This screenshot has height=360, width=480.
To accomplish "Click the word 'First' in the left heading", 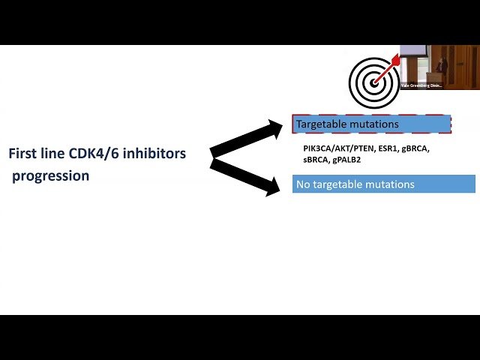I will point(22,154).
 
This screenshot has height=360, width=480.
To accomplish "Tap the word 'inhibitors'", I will point(154,154).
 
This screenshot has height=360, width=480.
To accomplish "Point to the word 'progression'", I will point(50,176).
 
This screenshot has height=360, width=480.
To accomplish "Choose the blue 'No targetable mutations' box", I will point(383,184).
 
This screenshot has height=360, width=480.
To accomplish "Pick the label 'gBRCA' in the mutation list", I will point(415,148).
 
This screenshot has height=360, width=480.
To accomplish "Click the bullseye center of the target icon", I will point(373,80).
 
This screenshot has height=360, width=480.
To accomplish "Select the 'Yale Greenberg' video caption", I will point(421,86).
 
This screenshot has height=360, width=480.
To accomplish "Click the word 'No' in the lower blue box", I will point(303,184).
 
